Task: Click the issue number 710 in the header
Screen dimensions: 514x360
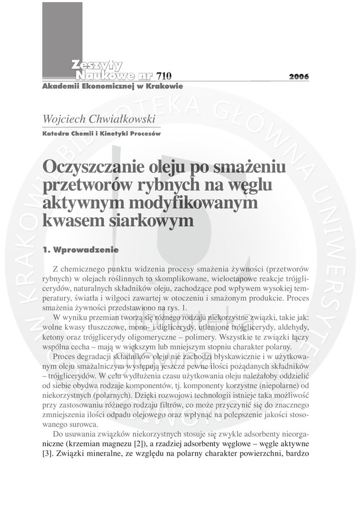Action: coord(164,76)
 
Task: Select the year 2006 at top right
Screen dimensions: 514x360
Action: coord(299,77)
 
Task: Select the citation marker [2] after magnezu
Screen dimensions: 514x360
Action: coord(139,444)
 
